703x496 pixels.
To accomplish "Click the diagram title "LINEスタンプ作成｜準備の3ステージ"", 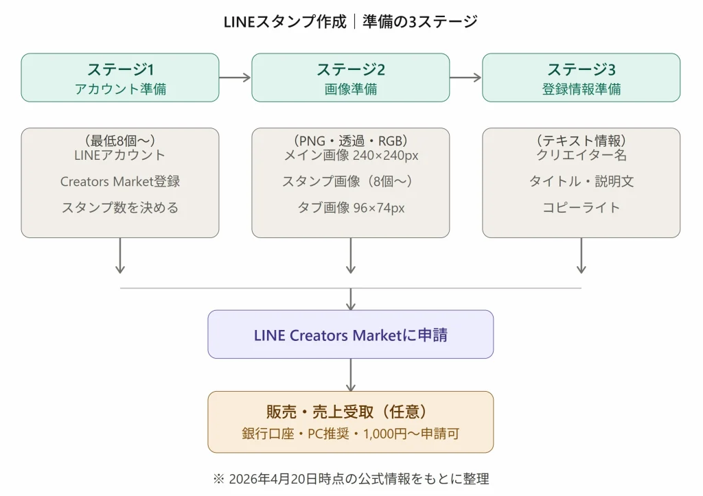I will pyautogui.click(x=351, y=21).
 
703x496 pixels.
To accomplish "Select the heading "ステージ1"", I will pyautogui.click(x=120, y=69).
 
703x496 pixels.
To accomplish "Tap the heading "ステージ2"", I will pyautogui.click(x=351, y=69).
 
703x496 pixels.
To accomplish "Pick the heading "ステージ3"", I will pyautogui.click(x=581, y=69).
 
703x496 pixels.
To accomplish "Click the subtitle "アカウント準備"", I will pyautogui.click(x=120, y=89).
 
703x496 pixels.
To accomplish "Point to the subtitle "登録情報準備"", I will pyautogui.click(x=581, y=89).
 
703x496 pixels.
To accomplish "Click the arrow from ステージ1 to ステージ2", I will pyautogui.click(x=235, y=78).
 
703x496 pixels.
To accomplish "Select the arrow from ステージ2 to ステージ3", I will pyautogui.click(x=465, y=78).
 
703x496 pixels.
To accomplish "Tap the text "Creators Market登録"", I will pyautogui.click(x=120, y=181).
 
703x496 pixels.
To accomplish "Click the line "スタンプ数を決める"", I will pyautogui.click(x=120, y=207).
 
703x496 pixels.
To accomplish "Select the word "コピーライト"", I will pyautogui.click(x=581, y=207).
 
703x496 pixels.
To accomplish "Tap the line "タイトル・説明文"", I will pyautogui.click(x=581, y=181).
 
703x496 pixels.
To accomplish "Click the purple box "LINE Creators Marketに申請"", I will pyautogui.click(x=351, y=335).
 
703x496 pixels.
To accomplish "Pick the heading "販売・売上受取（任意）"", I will pyautogui.click(x=351, y=412).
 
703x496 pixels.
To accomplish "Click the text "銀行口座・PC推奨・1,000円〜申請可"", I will pyautogui.click(x=351, y=434).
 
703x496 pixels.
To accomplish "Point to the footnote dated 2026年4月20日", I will pyautogui.click(x=351, y=479).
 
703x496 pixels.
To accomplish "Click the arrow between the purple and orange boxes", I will pyautogui.click(x=351, y=375).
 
